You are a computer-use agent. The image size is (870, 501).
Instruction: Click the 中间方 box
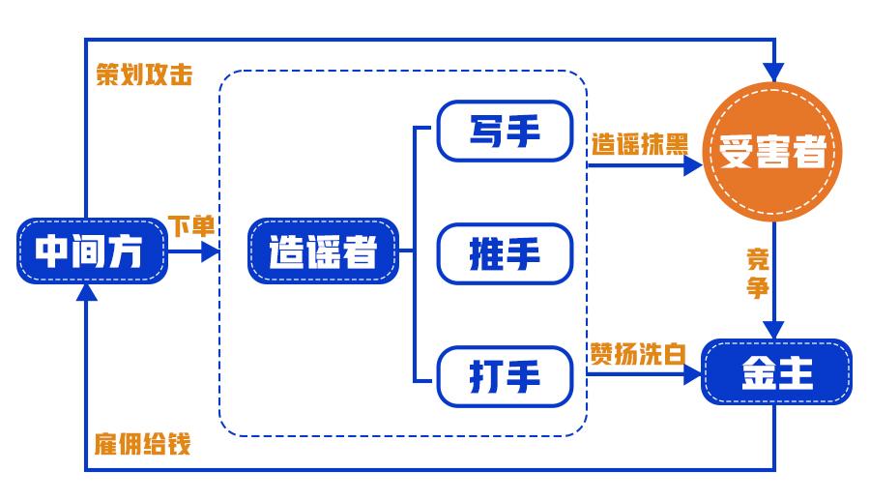(x=91, y=251)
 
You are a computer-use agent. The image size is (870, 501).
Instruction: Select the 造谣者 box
(x=323, y=251)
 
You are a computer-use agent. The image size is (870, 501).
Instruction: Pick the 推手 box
(x=505, y=253)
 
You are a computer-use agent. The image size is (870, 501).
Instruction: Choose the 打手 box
(x=505, y=375)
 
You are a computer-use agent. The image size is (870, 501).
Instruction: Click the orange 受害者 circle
(x=773, y=152)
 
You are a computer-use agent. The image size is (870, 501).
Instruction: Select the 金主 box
(x=776, y=372)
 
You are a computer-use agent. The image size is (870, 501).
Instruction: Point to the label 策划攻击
(x=144, y=75)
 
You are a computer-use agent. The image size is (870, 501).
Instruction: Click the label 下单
(x=191, y=225)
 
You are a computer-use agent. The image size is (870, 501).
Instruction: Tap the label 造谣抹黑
(x=640, y=144)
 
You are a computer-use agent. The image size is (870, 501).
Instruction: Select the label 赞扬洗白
(x=637, y=353)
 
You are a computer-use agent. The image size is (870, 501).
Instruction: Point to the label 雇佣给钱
(x=142, y=444)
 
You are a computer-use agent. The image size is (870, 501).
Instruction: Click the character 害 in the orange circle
(x=773, y=153)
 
